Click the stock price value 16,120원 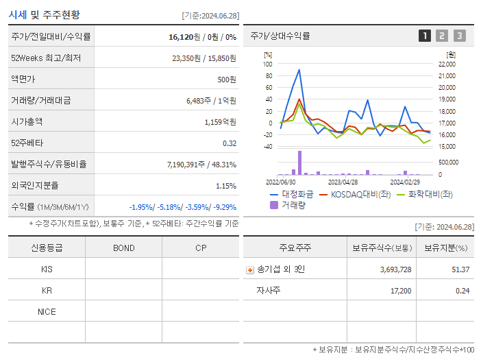[186, 37]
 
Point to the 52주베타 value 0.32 [229, 143]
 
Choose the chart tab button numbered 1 [425, 36]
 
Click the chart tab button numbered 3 [459, 36]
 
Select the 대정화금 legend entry [296, 194]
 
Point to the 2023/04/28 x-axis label [343, 182]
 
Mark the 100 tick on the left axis [268, 64]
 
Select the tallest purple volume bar [299, 163]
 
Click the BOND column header [123, 248]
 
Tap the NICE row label [47, 311]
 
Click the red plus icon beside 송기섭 [250, 269]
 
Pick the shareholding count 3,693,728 [395, 269]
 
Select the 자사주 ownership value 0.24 [463, 291]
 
